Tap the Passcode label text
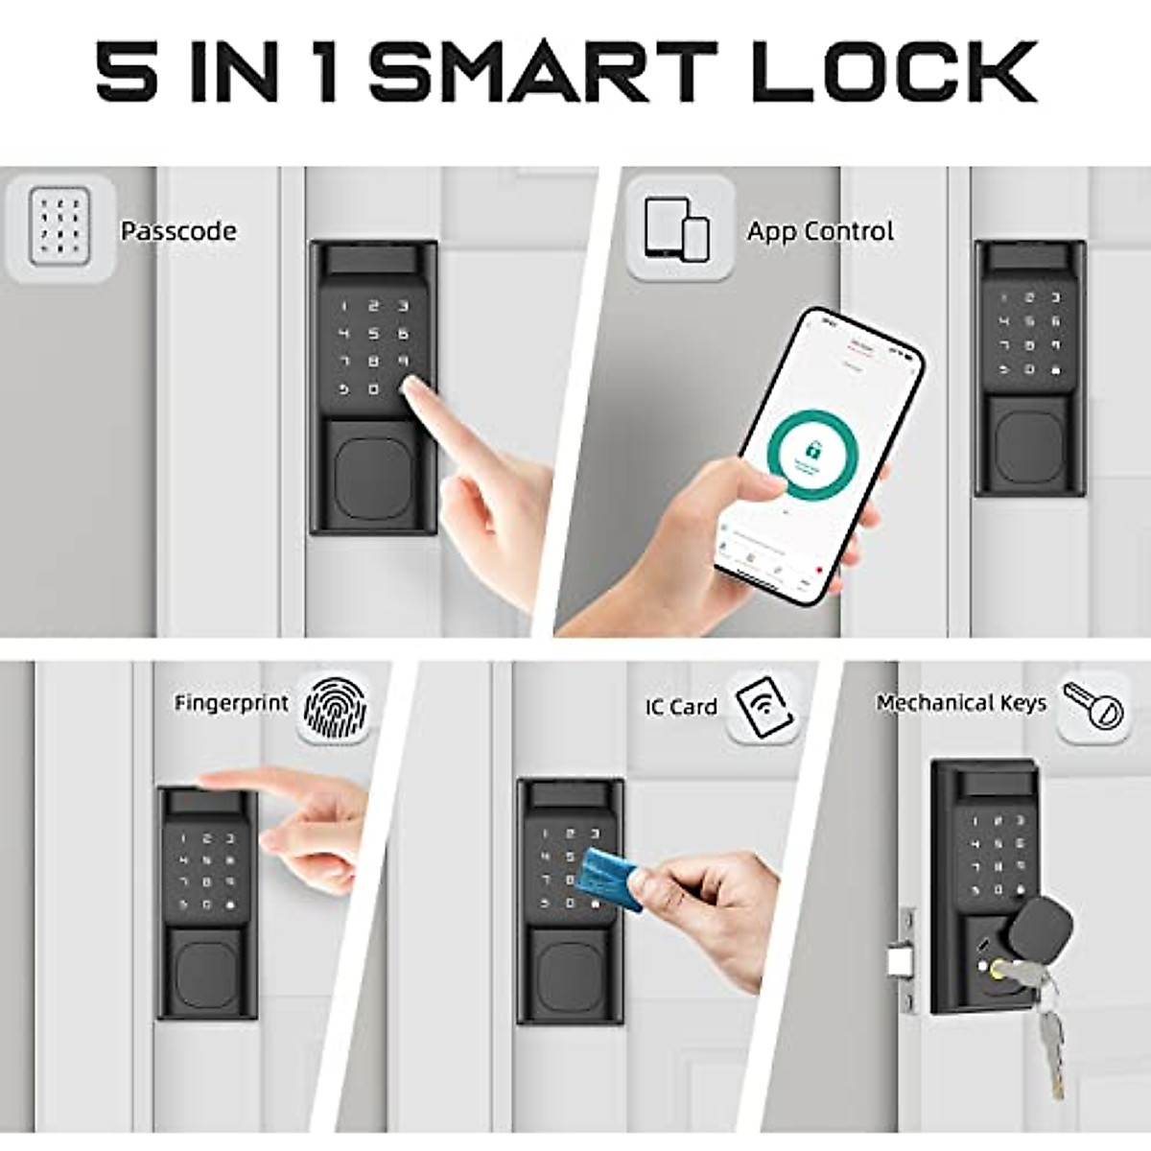[x=178, y=231]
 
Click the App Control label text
[x=820, y=231]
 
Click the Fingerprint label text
[x=231, y=703]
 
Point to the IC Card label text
[x=681, y=707]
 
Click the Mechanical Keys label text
[x=961, y=703]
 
